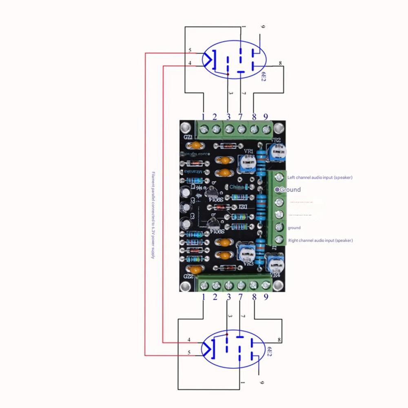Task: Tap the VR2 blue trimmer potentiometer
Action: coord(276,152)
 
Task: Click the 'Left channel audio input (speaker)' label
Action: coord(320,177)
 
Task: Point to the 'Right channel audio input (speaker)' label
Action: coord(320,241)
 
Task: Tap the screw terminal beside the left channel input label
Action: coord(279,177)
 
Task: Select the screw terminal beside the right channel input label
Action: coord(279,239)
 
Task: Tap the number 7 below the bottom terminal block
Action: coord(240,297)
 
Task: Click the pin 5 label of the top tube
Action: coord(190,51)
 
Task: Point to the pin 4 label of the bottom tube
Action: coord(189,340)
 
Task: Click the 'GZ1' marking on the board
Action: coord(188,137)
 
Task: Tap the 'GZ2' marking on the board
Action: coord(188,276)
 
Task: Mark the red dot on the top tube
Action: coord(228,75)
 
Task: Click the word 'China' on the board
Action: coord(237,187)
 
